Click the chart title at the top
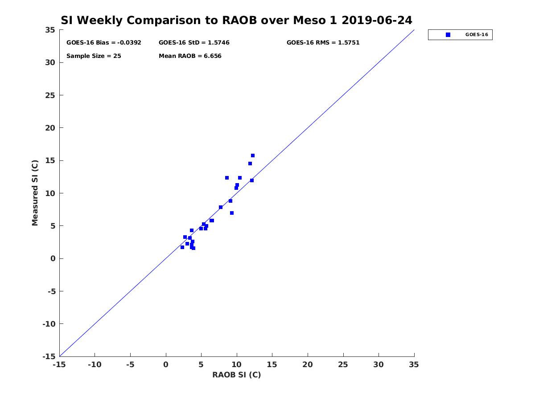(x=236, y=20)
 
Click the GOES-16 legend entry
(x=460, y=35)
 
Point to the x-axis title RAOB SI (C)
(x=236, y=375)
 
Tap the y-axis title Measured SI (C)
(x=35, y=193)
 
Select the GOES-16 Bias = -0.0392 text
(x=103, y=43)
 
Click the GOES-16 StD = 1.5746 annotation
(x=194, y=43)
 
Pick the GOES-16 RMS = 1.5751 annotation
(x=323, y=43)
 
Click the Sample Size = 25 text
(x=94, y=56)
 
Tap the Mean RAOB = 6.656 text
(x=190, y=56)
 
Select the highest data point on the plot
(x=253, y=155)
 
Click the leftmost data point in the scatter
(x=182, y=247)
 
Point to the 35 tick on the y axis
(x=50, y=30)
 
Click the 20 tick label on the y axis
(x=50, y=128)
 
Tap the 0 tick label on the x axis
(x=166, y=364)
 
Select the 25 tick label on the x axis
(x=343, y=364)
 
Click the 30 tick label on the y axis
(x=50, y=62)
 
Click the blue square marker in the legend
(x=448, y=35)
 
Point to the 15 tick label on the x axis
(x=272, y=364)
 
